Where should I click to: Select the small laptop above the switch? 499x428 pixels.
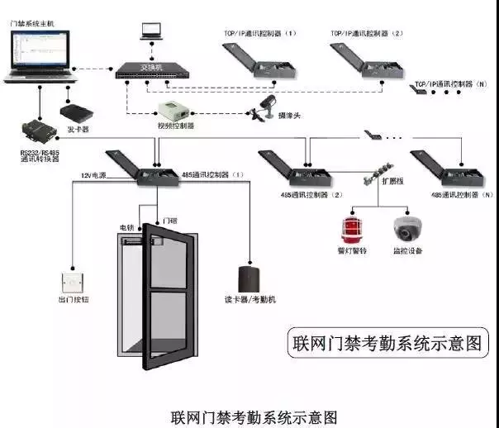click(x=150, y=31)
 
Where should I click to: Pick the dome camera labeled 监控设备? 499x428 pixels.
click(x=406, y=227)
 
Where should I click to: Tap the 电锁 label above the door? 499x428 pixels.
click(x=126, y=227)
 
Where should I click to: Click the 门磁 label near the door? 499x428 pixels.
click(x=171, y=221)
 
